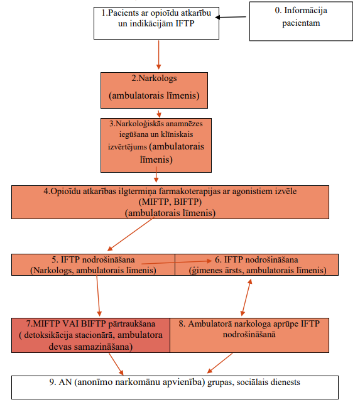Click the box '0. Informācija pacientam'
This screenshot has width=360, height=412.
(x=301, y=21)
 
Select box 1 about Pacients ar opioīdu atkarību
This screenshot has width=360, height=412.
(x=156, y=23)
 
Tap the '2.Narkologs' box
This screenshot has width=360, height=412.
(x=155, y=90)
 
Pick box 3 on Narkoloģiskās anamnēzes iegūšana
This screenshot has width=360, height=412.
(x=156, y=145)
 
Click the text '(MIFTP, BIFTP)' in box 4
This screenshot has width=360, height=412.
(x=170, y=202)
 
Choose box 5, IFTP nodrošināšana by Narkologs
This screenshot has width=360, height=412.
(x=93, y=264)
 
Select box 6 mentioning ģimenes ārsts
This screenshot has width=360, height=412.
(x=257, y=264)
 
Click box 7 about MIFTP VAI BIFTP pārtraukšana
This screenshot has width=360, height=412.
(x=90, y=335)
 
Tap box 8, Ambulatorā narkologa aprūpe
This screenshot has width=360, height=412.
(x=249, y=335)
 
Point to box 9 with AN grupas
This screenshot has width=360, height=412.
(x=175, y=388)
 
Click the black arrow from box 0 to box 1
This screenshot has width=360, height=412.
(x=231, y=17)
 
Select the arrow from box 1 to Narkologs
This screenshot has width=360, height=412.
(x=158, y=55)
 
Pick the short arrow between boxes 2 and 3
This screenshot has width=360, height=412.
(x=158, y=114)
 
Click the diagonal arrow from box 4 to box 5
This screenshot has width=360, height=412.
(x=130, y=234)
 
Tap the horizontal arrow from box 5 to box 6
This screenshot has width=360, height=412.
(x=177, y=262)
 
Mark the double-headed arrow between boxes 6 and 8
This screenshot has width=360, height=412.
(x=246, y=297)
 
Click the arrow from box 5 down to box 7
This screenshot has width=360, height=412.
(x=98, y=296)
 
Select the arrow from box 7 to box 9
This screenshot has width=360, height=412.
(x=116, y=364)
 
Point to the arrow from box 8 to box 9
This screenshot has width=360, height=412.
(x=220, y=363)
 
